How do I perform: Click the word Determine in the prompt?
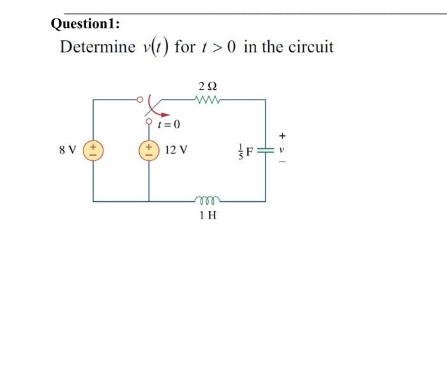[98, 47]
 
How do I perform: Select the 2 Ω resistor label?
[209, 86]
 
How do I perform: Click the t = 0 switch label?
[170, 123]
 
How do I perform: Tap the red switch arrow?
[151, 105]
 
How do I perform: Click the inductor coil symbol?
[208, 199]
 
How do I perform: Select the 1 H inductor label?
[208, 215]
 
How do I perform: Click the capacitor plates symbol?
[265, 151]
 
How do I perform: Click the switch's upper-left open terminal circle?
[140, 100]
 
